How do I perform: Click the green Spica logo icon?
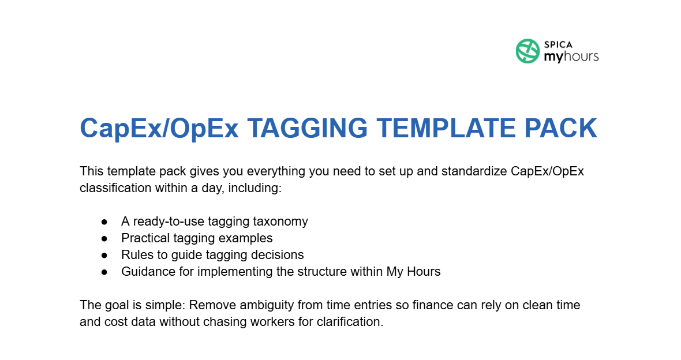pos(527,51)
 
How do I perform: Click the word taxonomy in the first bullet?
pos(280,221)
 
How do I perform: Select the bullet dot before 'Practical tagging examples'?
pos(104,238)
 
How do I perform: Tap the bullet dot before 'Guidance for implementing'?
pos(104,272)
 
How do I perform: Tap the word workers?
pos(238,321)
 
